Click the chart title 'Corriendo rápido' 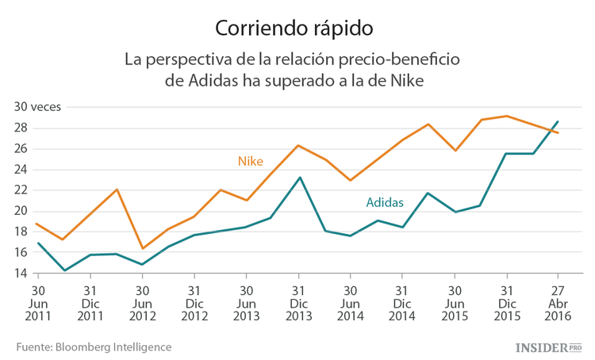(x=294, y=28)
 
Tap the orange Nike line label (x=250, y=161)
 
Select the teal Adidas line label (x=385, y=202)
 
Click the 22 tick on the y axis (x=20, y=190)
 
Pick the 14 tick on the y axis (x=20, y=274)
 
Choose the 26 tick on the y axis (x=20, y=149)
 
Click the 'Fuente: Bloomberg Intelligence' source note (x=94, y=347)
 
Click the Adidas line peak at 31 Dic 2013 (x=298, y=178)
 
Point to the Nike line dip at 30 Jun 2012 (x=143, y=248)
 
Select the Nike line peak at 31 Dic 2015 (x=507, y=116)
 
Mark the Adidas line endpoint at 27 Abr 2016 (x=558, y=121)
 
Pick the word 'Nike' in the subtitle (x=405, y=82)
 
